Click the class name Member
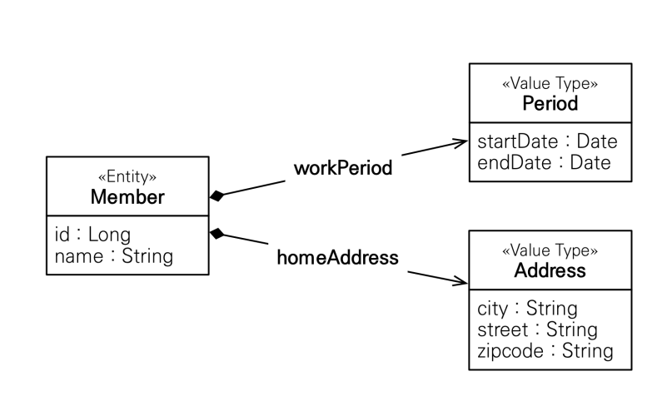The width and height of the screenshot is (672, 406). point(127,197)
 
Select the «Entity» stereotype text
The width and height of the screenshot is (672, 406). point(127,176)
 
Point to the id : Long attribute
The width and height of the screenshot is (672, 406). point(92,235)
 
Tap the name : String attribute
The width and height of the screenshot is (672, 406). point(114,256)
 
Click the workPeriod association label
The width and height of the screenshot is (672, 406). point(343,168)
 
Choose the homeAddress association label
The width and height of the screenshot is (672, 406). point(338,257)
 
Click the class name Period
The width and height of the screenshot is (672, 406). point(550,104)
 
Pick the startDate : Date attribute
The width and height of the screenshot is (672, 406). point(547,141)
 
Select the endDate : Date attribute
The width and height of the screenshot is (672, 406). point(544,163)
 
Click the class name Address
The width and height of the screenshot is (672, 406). point(550,270)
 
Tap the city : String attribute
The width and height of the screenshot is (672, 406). point(528,309)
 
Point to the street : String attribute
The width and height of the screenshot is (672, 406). point(537,329)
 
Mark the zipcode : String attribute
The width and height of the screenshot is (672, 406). point(545,351)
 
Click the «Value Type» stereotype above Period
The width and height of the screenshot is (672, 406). point(550,83)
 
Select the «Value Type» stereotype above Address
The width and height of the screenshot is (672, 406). point(550,250)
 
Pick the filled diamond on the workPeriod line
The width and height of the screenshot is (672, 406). point(217,196)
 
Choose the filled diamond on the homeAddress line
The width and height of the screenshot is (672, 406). point(217,234)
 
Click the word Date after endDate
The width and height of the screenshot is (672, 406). point(590,163)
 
